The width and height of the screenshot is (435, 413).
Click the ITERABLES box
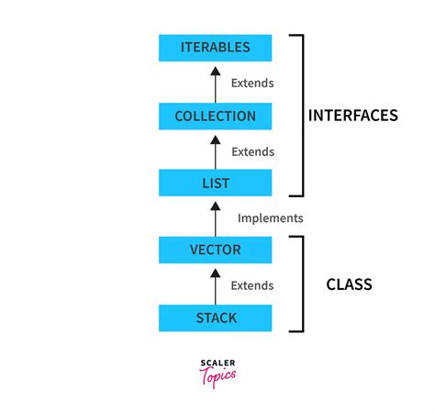[x=216, y=48]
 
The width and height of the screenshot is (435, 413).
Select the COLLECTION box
[x=216, y=117]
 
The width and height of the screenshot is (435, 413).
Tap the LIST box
[x=216, y=183]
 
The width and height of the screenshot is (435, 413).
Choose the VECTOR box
[x=216, y=250]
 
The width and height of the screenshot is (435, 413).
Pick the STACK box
[x=216, y=318]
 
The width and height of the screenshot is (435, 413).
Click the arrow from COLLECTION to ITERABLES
[x=216, y=83]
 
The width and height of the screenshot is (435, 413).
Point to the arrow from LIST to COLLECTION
[x=216, y=151]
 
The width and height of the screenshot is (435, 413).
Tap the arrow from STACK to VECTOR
[x=216, y=285]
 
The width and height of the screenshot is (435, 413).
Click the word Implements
[x=270, y=218]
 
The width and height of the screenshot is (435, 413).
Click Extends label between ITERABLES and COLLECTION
[x=252, y=83]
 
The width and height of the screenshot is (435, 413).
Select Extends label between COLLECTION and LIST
[x=252, y=151]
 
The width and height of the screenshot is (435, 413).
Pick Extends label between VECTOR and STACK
[x=252, y=285]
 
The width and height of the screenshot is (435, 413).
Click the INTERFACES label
[x=352, y=117]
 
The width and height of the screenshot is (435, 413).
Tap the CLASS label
[x=349, y=285]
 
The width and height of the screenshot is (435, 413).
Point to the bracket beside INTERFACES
[x=299, y=115]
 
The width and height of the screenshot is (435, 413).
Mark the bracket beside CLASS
[x=299, y=284]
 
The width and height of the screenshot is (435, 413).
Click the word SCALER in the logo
[x=217, y=363]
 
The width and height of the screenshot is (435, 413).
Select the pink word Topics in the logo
[x=217, y=375]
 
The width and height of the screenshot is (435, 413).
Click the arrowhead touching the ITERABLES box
[x=216, y=65]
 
